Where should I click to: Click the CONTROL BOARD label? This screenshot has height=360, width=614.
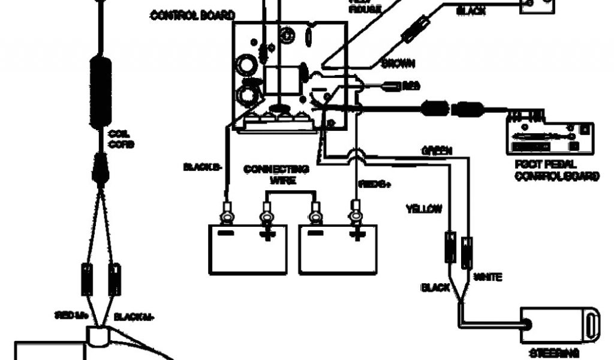[x=192, y=15]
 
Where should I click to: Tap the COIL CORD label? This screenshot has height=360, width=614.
[x=121, y=139]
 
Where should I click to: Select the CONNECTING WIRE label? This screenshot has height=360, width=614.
[x=276, y=175]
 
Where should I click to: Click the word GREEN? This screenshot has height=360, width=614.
[x=437, y=150]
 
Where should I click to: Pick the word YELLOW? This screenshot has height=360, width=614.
[x=424, y=209]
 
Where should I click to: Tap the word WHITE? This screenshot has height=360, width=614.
[x=487, y=277]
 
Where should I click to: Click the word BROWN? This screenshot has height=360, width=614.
[x=398, y=63]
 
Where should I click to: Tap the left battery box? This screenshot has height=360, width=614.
[x=247, y=249]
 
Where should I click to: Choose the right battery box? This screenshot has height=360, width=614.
[x=338, y=249]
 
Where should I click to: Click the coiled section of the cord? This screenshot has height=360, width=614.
[x=101, y=90]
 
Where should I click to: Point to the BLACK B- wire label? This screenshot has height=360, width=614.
[x=203, y=167]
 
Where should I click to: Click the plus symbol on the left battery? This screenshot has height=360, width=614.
[x=266, y=234]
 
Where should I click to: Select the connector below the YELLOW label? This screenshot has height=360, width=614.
[x=450, y=246]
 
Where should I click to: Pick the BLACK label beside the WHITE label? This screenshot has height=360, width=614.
[x=435, y=288]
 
